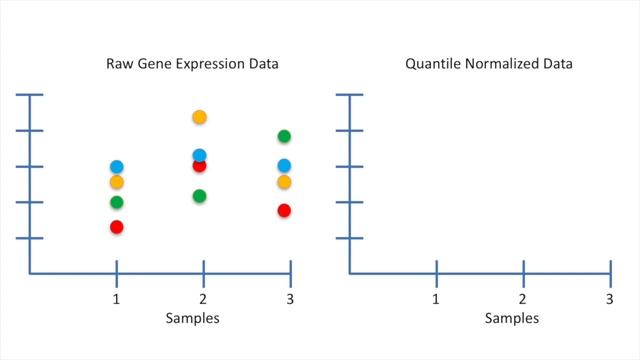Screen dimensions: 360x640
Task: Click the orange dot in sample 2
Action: (199, 117)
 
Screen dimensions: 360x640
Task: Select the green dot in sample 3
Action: (284, 136)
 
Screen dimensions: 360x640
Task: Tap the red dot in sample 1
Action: (117, 227)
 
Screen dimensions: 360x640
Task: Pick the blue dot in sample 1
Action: (117, 166)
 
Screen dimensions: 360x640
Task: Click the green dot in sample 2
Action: (199, 196)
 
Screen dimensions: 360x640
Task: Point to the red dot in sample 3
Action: (284, 210)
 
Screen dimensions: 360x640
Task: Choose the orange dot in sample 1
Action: (117, 182)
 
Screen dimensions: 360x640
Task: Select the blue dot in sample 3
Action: (284, 165)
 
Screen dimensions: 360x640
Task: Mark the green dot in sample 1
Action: (117, 203)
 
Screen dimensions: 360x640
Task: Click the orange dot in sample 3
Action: (284, 182)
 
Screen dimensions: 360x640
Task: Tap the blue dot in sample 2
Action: (199, 155)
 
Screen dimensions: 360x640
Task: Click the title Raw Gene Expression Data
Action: (192, 65)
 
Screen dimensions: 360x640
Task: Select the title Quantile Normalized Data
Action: (488, 65)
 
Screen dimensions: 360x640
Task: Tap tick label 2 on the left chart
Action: (203, 299)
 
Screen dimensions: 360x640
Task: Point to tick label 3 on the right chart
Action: (609, 299)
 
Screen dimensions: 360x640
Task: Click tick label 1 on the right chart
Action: (436, 299)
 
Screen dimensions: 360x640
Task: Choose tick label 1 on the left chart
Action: (117, 299)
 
